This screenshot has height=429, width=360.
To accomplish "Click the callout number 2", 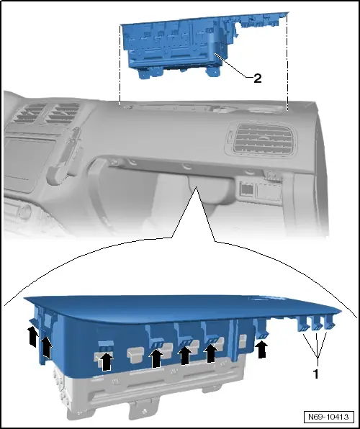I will point(257,79).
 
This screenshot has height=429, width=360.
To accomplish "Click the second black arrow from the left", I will point(47,348).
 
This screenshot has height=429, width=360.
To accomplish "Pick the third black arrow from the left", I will point(106,359).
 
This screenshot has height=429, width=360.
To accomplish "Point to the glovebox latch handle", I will point(197,193).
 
